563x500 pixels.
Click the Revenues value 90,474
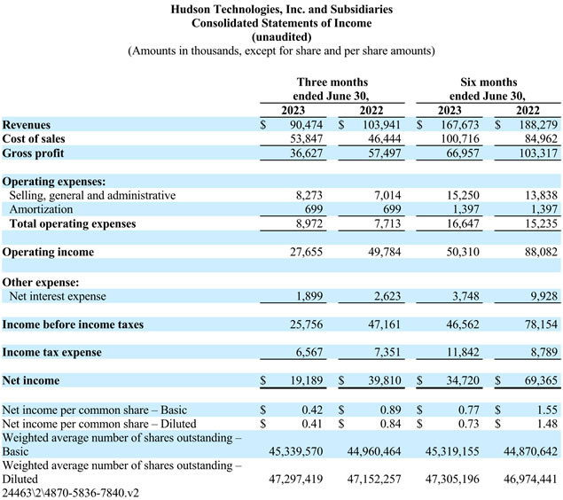pyautogui.click(x=306, y=124)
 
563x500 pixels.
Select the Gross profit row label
pyautogui.click(x=33, y=153)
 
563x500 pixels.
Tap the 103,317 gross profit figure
pyautogui.click(x=538, y=152)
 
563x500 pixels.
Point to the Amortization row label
pyautogui.click(x=41, y=209)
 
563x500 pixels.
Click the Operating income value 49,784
pyautogui.click(x=384, y=252)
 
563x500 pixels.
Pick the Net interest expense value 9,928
pyautogui.click(x=544, y=296)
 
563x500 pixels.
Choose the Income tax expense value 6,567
pyautogui.click(x=309, y=353)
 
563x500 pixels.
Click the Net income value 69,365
pyautogui.click(x=541, y=380)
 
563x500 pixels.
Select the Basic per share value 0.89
pyautogui.click(x=390, y=410)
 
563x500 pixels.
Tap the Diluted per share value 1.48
pyautogui.click(x=547, y=424)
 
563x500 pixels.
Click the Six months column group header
pyautogui.click(x=489, y=89)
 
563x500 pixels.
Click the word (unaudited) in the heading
pyautogui.click(x=282, y=37)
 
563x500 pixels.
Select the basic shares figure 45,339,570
pyautogui.click(x=296, y=451)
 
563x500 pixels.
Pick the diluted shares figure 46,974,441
pyautogui.click(x=530, y=479)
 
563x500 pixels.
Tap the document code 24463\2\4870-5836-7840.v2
pyautogui.click(x=70, y=493)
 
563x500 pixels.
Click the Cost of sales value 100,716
pyautogui.click(x=460, y=139)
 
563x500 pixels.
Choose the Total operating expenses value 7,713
pyautogui.click(x=387, y=223)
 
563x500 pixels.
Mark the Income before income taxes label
pyautogui.click(x=73, y=324)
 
